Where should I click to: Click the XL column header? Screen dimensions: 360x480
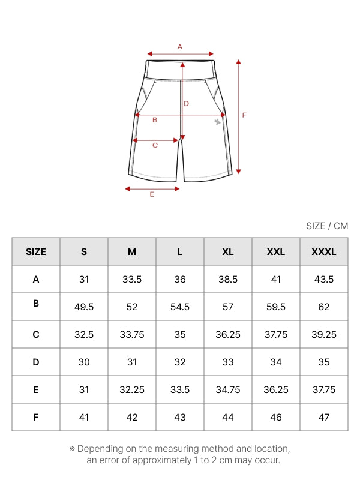pos(228,251)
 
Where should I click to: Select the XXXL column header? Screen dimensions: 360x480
pos(324,251)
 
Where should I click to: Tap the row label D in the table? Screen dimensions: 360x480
pos(36,362)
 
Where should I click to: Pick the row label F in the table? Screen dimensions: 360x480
pos(36,417)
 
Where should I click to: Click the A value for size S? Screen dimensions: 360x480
pos(84,279)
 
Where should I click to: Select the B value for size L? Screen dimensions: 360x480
pos(180,307)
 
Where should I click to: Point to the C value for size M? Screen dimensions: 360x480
pos(132,334)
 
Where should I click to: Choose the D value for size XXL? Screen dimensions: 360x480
pos(276,362)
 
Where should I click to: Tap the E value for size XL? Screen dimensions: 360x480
pos(228,389)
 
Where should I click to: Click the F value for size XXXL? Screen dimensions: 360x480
pos(324,417)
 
